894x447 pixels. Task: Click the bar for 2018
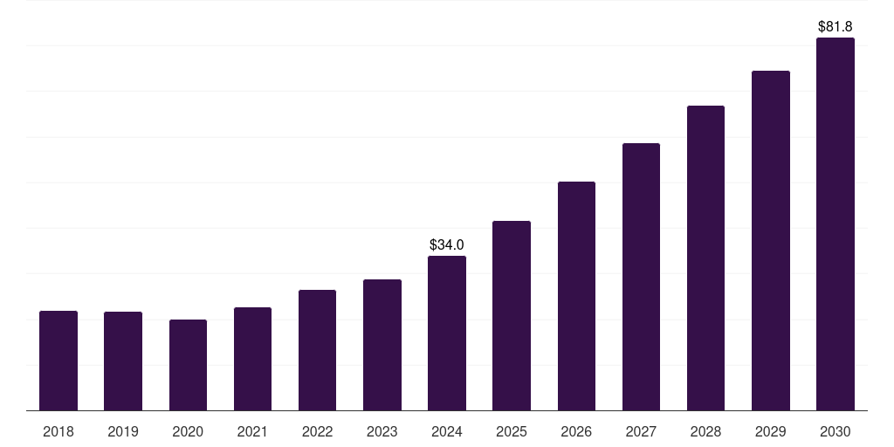pos(58,361)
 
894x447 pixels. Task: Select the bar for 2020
pos(188,365)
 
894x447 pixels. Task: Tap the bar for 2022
pos(317,350)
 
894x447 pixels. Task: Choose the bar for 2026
pos(576,296)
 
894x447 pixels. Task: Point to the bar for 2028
pos(705,258)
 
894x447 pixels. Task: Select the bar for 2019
pos(123,361)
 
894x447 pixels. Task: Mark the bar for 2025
pos(512,315)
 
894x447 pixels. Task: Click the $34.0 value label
pos(447,245)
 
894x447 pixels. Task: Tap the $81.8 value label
pos(836,27)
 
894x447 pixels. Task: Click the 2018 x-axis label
pos(58,431)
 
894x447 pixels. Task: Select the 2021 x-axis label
pos(252,431)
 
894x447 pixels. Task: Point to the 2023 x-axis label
pos(382,431)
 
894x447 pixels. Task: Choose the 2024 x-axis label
pos(447,431)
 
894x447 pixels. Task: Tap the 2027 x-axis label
pos(641,431)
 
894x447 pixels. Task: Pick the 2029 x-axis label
pos(771,431)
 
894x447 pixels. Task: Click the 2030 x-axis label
pos(836,431)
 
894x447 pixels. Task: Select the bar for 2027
pos(641,277)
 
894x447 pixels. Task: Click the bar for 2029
pos(771,240)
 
